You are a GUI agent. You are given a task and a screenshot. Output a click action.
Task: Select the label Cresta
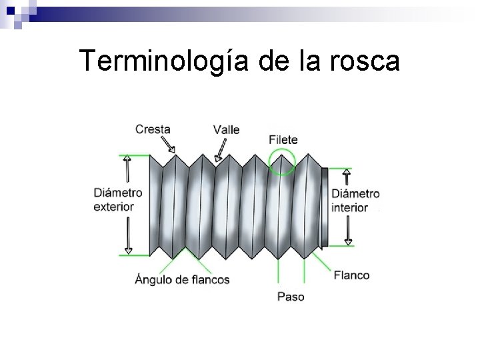[x=152, y=129]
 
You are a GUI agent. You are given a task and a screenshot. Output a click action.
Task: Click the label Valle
[x=227, y=129]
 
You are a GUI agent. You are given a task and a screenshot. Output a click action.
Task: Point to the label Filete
[x=283, y=140]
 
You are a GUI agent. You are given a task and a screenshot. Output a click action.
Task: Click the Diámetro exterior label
[x=118, y=199]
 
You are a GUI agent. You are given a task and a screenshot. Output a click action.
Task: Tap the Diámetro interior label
[x=355, y=200]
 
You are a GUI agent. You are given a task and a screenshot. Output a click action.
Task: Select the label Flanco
[x=351, y=275]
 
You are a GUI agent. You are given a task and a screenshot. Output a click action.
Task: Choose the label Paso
[x=291, y=296]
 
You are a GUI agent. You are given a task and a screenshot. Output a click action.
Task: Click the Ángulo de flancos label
[x=182, y=279]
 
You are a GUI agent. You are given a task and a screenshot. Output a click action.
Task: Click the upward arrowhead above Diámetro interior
[x=346, y=174]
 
